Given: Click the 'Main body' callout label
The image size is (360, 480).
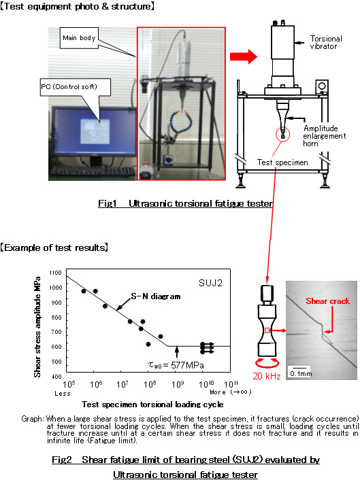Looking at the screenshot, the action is tap(79, 37).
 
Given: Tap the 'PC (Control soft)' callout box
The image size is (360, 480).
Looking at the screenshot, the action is tap(76, 87).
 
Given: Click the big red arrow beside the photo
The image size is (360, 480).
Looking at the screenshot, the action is tap(244, 56).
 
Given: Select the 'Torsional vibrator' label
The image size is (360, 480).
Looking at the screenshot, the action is tap(326, 42).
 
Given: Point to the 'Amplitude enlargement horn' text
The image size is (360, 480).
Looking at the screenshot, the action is tap(325, 136).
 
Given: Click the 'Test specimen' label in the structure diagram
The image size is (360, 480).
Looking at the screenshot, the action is tap(282, 162).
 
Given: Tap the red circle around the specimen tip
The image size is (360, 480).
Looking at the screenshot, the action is tap(282, 134).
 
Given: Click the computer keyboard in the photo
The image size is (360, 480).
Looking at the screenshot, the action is tap(93, 171).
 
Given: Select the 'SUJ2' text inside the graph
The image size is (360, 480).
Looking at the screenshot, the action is tap(210, 283).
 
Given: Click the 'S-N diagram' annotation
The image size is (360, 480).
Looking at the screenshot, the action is tap(156, 296).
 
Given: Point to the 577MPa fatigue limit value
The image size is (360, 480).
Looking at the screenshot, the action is tap(187, 365).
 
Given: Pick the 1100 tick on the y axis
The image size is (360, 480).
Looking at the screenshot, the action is tap(55, 273).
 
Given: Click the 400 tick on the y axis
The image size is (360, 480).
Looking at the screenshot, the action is tap(56, 377).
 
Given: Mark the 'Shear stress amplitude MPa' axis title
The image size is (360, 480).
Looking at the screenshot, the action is tap(37, 327).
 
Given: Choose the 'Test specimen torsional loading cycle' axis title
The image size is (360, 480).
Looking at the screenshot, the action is tap(152, 405).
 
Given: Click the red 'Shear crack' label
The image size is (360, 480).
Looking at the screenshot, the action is tap(327, 301).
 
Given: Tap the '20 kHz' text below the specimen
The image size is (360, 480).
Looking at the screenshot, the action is tap(267, 376).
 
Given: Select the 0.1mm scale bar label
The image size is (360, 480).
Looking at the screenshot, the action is tap(301, 373).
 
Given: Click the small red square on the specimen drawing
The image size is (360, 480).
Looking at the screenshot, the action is tap(267, 330).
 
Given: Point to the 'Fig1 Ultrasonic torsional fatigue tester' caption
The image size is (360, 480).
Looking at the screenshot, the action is tap(185, 203).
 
